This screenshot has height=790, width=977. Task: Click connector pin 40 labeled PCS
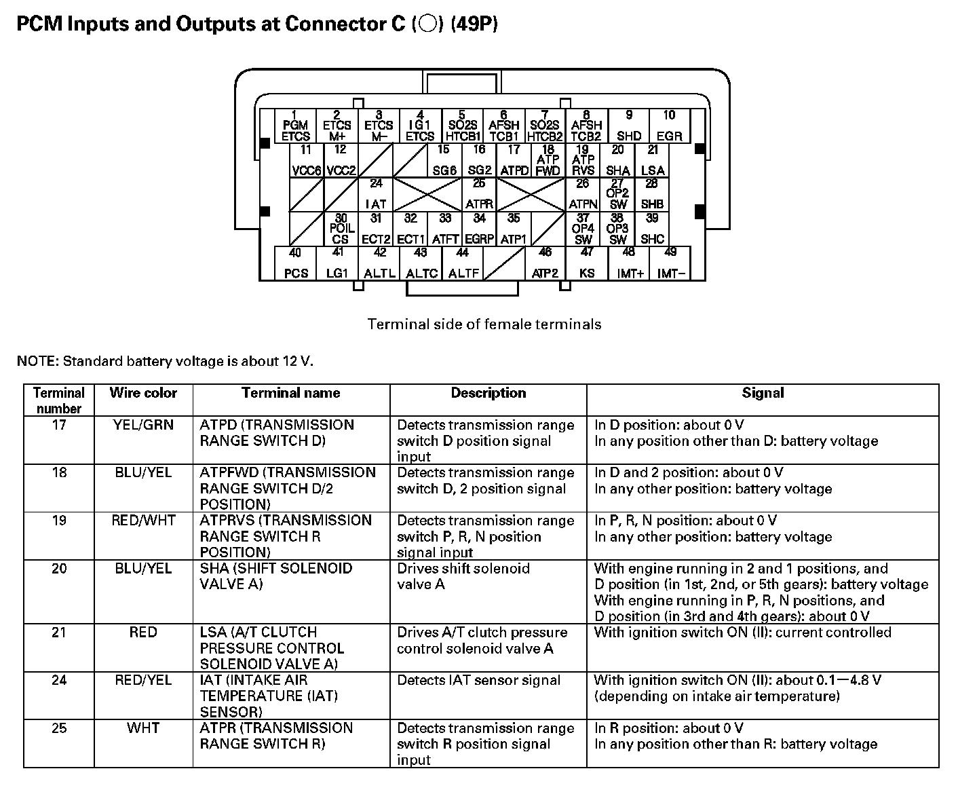(296, 263)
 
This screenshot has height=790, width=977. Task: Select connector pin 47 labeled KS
(587, 263)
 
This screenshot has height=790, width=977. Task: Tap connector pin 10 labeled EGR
(669, 126)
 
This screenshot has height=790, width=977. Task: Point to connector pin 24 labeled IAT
(375, 194)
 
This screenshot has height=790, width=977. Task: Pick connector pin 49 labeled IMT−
(670, 263)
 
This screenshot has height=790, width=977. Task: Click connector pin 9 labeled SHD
(628, 126)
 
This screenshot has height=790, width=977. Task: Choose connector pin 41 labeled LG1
(337, 263)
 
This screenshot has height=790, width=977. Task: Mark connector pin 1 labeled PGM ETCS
(295, 126)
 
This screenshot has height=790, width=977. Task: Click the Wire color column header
(143, 393)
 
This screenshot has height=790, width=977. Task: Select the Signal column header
(763, 393)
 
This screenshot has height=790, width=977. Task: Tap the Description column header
(488, 393)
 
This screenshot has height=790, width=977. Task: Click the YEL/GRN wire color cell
(143, 426)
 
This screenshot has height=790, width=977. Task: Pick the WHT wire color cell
(143, 728)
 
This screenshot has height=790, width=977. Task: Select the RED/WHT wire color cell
(143, 521)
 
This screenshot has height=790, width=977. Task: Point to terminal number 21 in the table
(60, 633)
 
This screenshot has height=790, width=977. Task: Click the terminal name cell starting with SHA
(276, 576)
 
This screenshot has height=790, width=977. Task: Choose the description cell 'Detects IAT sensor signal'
(479, 680)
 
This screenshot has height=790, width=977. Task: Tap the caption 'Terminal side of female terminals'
(484, 324)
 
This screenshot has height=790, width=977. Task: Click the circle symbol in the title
(427, 24)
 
